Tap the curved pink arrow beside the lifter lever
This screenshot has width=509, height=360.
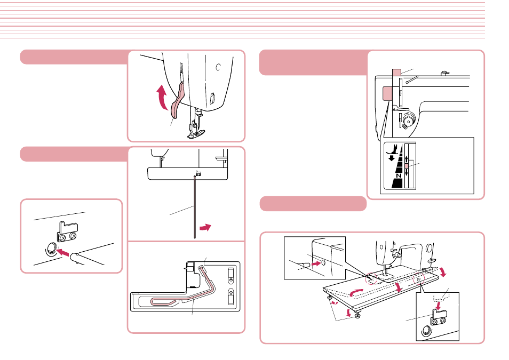pyautogui.click(x=161, y=97)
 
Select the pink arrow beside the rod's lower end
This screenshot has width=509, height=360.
pyautogui.click(x=205, y=227)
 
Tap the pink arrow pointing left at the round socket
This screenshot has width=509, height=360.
pyautogui.click(x=63, y=251)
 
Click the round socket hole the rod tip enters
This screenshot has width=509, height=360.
pyautogui.click(x=51, y=249)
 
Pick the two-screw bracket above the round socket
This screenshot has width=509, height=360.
pyautogui.click(x=68, y=232)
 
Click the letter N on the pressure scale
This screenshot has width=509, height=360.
pyautogui.click(x=399, y=175)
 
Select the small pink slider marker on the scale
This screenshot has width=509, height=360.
pyautogui.click(x=407, y=165)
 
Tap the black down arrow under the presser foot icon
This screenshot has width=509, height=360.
pyautogui.click(x=392, y=158)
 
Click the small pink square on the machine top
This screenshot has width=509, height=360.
pyautogui.click(x=396, y=73)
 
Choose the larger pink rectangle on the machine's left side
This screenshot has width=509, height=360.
pyautogui.click(x=387, y=93)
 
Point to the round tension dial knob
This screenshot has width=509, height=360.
pyautogui.click(x=408, y=120)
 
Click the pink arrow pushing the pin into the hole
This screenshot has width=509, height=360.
pyautogui.click(x=315, y=264)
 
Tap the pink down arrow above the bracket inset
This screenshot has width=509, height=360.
pyautogui.click(x=438, y=305)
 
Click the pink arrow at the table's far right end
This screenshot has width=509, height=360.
pyautogui.click(x=442, y=273)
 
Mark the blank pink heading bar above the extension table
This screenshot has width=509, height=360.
pyautogui.click(x=313, y=204)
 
